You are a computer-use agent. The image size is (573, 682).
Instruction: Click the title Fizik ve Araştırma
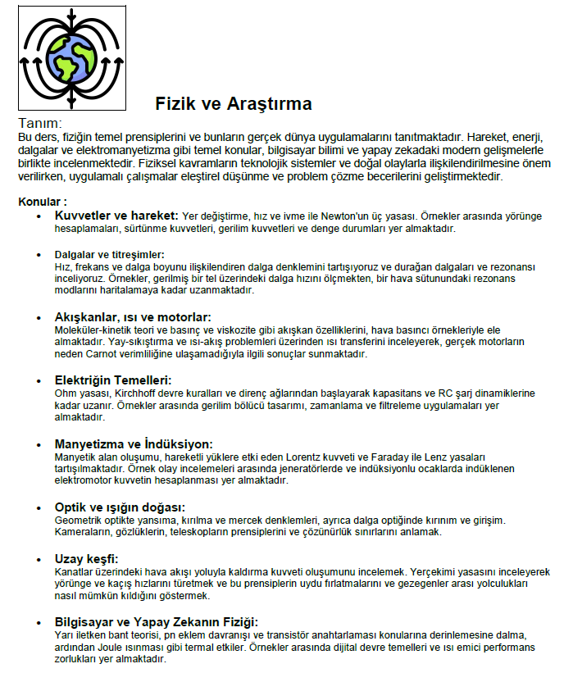tap(234, 104)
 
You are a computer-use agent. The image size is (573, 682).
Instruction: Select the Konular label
tap(43, 201)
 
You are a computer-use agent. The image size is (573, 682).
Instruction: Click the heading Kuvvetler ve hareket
tap(116, 215)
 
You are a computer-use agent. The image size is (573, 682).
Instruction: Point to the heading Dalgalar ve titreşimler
tap(109, 254)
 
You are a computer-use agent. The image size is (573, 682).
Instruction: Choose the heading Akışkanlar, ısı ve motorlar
tap(133, 317)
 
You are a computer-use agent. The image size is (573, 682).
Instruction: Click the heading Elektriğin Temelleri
tap(112, 380)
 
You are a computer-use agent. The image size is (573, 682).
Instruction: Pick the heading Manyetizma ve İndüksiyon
tap(133, 443)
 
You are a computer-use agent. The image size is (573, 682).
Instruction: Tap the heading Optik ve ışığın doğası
tap(120, 507)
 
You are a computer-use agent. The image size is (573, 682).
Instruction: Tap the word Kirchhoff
tap(123, 394)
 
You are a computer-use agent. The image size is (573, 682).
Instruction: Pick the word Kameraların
tap(85, 532)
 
